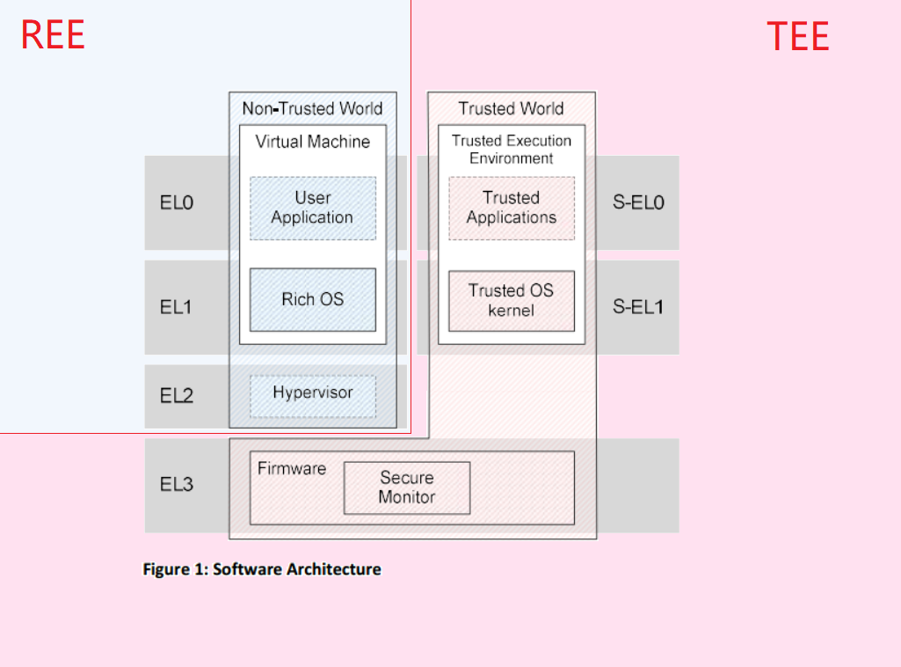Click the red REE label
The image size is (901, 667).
(53, 35)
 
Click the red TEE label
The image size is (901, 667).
(797, 37)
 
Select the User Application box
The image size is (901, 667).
(312, 208)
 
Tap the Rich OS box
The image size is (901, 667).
(312, 299)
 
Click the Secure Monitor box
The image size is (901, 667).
(406, 487)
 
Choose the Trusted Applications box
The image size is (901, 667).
(511, 208)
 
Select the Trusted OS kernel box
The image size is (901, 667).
(511, 300)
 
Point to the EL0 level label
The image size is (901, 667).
(176, 203)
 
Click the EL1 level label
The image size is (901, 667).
(176, 307)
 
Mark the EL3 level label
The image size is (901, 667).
(176, 484)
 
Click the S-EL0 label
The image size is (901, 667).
(637, 203)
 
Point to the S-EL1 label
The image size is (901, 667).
(637, 307)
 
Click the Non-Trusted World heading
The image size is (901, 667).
(312, 109)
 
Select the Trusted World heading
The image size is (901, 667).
(511, 109)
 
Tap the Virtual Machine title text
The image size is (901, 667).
(312, 142)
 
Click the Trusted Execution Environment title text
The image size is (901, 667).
(511, 150)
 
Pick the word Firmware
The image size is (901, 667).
(291, 469)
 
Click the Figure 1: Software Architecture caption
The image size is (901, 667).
(262, 569)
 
